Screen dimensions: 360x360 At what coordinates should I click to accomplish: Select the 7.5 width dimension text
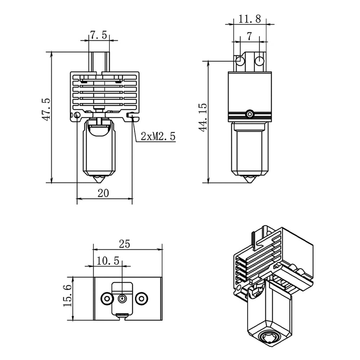tap(98, 35)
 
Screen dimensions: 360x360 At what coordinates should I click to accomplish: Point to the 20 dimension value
tap(103, 193)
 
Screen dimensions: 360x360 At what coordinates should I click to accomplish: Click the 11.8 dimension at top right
tap(250, 19)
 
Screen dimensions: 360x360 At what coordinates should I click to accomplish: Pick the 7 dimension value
tap(249, 36)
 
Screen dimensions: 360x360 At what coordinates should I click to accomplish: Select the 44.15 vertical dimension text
tap(203, 117)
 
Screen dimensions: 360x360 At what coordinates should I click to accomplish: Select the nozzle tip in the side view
tap(249, 179)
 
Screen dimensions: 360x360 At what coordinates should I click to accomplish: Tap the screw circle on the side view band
tap(249, 114)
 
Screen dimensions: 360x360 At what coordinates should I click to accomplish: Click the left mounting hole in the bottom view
tap(107, 298)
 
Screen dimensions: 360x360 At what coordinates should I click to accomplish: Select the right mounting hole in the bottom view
tap(141, 298)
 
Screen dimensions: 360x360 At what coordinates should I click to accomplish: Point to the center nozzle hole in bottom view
tap(122, 298)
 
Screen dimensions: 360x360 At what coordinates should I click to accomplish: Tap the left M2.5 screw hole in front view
tap(77, 115)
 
